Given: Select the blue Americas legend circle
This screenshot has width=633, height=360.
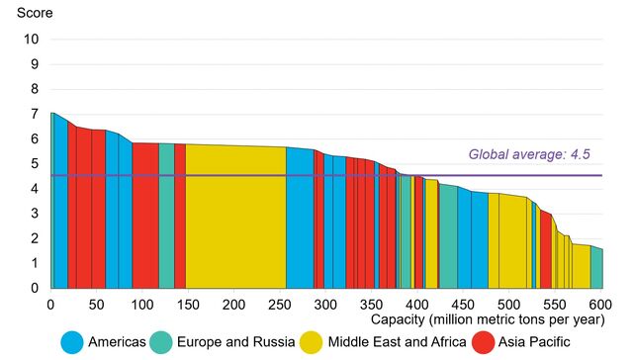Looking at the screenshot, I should click(72, 342).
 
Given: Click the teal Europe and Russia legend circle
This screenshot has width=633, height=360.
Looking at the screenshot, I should click(161, 342).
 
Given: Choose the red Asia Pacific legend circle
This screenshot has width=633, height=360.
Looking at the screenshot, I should click(484, 342).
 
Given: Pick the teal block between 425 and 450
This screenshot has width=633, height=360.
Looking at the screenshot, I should click(448, 237).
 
